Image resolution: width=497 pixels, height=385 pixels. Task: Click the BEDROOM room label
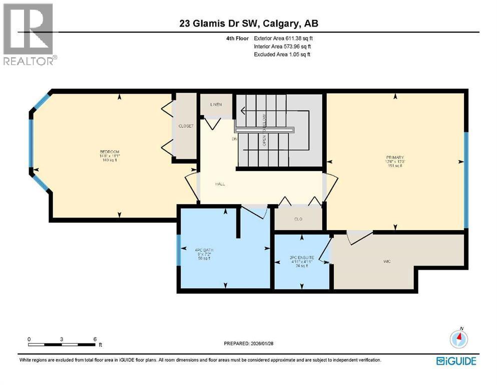point(109,152)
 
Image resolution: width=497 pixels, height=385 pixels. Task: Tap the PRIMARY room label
point(394,157)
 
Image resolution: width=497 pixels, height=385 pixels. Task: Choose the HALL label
point(220,184)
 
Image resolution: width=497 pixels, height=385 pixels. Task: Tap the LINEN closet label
point(216,104)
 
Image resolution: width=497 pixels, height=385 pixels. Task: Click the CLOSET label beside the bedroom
point(186,126)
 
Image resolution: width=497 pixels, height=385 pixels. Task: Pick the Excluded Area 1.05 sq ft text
point(282,54)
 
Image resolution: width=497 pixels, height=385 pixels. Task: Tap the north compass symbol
point(459,339)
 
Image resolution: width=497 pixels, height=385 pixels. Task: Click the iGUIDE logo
point(456,361)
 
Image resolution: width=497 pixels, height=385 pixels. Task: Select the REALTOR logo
point(28,34)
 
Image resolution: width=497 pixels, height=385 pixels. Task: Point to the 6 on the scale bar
point(95,339)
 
